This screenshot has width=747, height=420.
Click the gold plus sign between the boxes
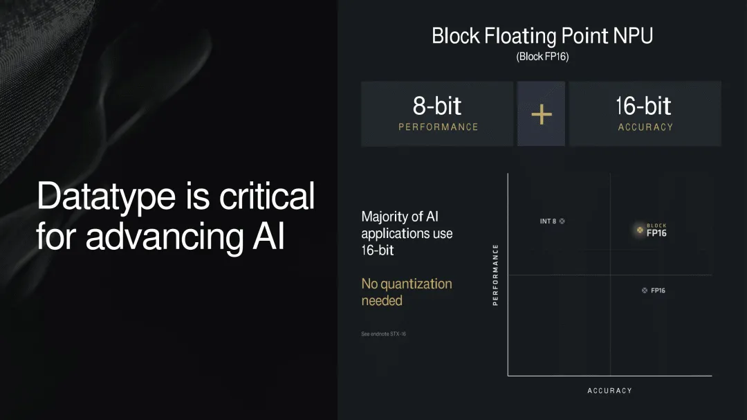541,114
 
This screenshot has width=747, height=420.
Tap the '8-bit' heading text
437,105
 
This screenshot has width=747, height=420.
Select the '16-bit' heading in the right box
643,105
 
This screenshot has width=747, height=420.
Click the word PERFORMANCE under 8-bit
439,127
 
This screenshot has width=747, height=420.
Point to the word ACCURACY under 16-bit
645,127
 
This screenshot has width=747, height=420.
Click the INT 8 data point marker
562,221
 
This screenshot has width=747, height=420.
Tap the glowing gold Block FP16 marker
640,230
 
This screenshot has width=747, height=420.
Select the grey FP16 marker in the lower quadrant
645,291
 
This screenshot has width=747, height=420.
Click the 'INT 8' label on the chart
548,221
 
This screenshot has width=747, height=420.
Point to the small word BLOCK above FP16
656,226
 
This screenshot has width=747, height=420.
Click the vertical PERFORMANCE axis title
495,275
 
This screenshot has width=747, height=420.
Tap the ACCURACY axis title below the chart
610,390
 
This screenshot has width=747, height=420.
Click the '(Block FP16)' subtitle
543,57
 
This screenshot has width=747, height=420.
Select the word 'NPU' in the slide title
633,36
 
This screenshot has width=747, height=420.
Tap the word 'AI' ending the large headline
268,237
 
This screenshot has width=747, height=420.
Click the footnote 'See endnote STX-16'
383,334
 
